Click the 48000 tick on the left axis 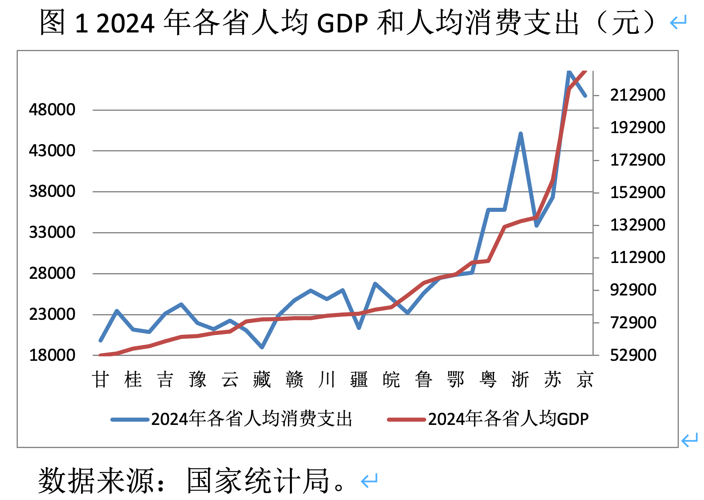52,110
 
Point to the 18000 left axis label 52,355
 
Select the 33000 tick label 52,233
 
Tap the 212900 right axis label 637,95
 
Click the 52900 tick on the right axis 633,355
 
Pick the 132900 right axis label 637,225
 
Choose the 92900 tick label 633,290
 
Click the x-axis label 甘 100,379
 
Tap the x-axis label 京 585,379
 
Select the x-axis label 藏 262,379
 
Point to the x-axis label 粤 488,379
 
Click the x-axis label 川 327,379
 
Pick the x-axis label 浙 520,379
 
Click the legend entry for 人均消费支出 251,419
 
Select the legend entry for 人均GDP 508,419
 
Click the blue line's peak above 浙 521,134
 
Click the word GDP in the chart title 342,23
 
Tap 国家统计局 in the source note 258,481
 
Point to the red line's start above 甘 101,355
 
